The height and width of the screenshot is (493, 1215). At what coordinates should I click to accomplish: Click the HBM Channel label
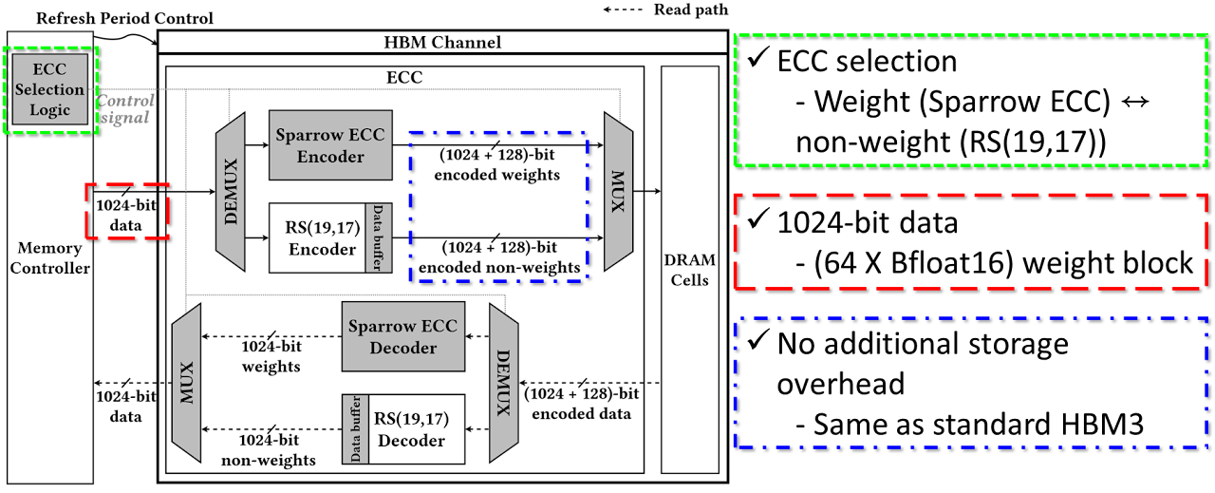point(442,42)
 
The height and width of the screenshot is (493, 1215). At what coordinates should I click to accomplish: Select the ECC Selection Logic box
point(50,89)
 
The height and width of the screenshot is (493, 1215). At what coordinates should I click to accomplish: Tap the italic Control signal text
point(125,109)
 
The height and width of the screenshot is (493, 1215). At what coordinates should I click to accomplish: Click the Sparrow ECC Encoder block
point(330,145)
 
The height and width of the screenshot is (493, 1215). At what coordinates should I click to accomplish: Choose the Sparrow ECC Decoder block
point(403,336)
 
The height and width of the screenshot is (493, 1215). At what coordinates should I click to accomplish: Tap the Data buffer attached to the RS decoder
point(356,428)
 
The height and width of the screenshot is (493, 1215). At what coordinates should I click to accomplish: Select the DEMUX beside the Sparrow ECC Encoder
point(231,191)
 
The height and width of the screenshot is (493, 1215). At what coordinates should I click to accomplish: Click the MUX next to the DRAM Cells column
point(618,191)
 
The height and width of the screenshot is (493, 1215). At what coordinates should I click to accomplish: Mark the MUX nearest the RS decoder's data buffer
point(187,382)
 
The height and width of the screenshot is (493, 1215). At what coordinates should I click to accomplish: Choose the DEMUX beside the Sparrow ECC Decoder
point(504,382)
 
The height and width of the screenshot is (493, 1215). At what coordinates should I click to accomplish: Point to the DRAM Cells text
point(689,270)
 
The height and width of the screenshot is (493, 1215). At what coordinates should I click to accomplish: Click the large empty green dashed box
point(972,100)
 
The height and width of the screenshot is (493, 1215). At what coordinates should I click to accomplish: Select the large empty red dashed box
point(972,240)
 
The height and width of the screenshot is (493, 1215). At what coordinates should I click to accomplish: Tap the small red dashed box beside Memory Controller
point(127,211)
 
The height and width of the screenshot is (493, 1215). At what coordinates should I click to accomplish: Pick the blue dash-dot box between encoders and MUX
point(498,206)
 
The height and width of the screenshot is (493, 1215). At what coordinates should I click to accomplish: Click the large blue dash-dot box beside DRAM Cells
point(972,383)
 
